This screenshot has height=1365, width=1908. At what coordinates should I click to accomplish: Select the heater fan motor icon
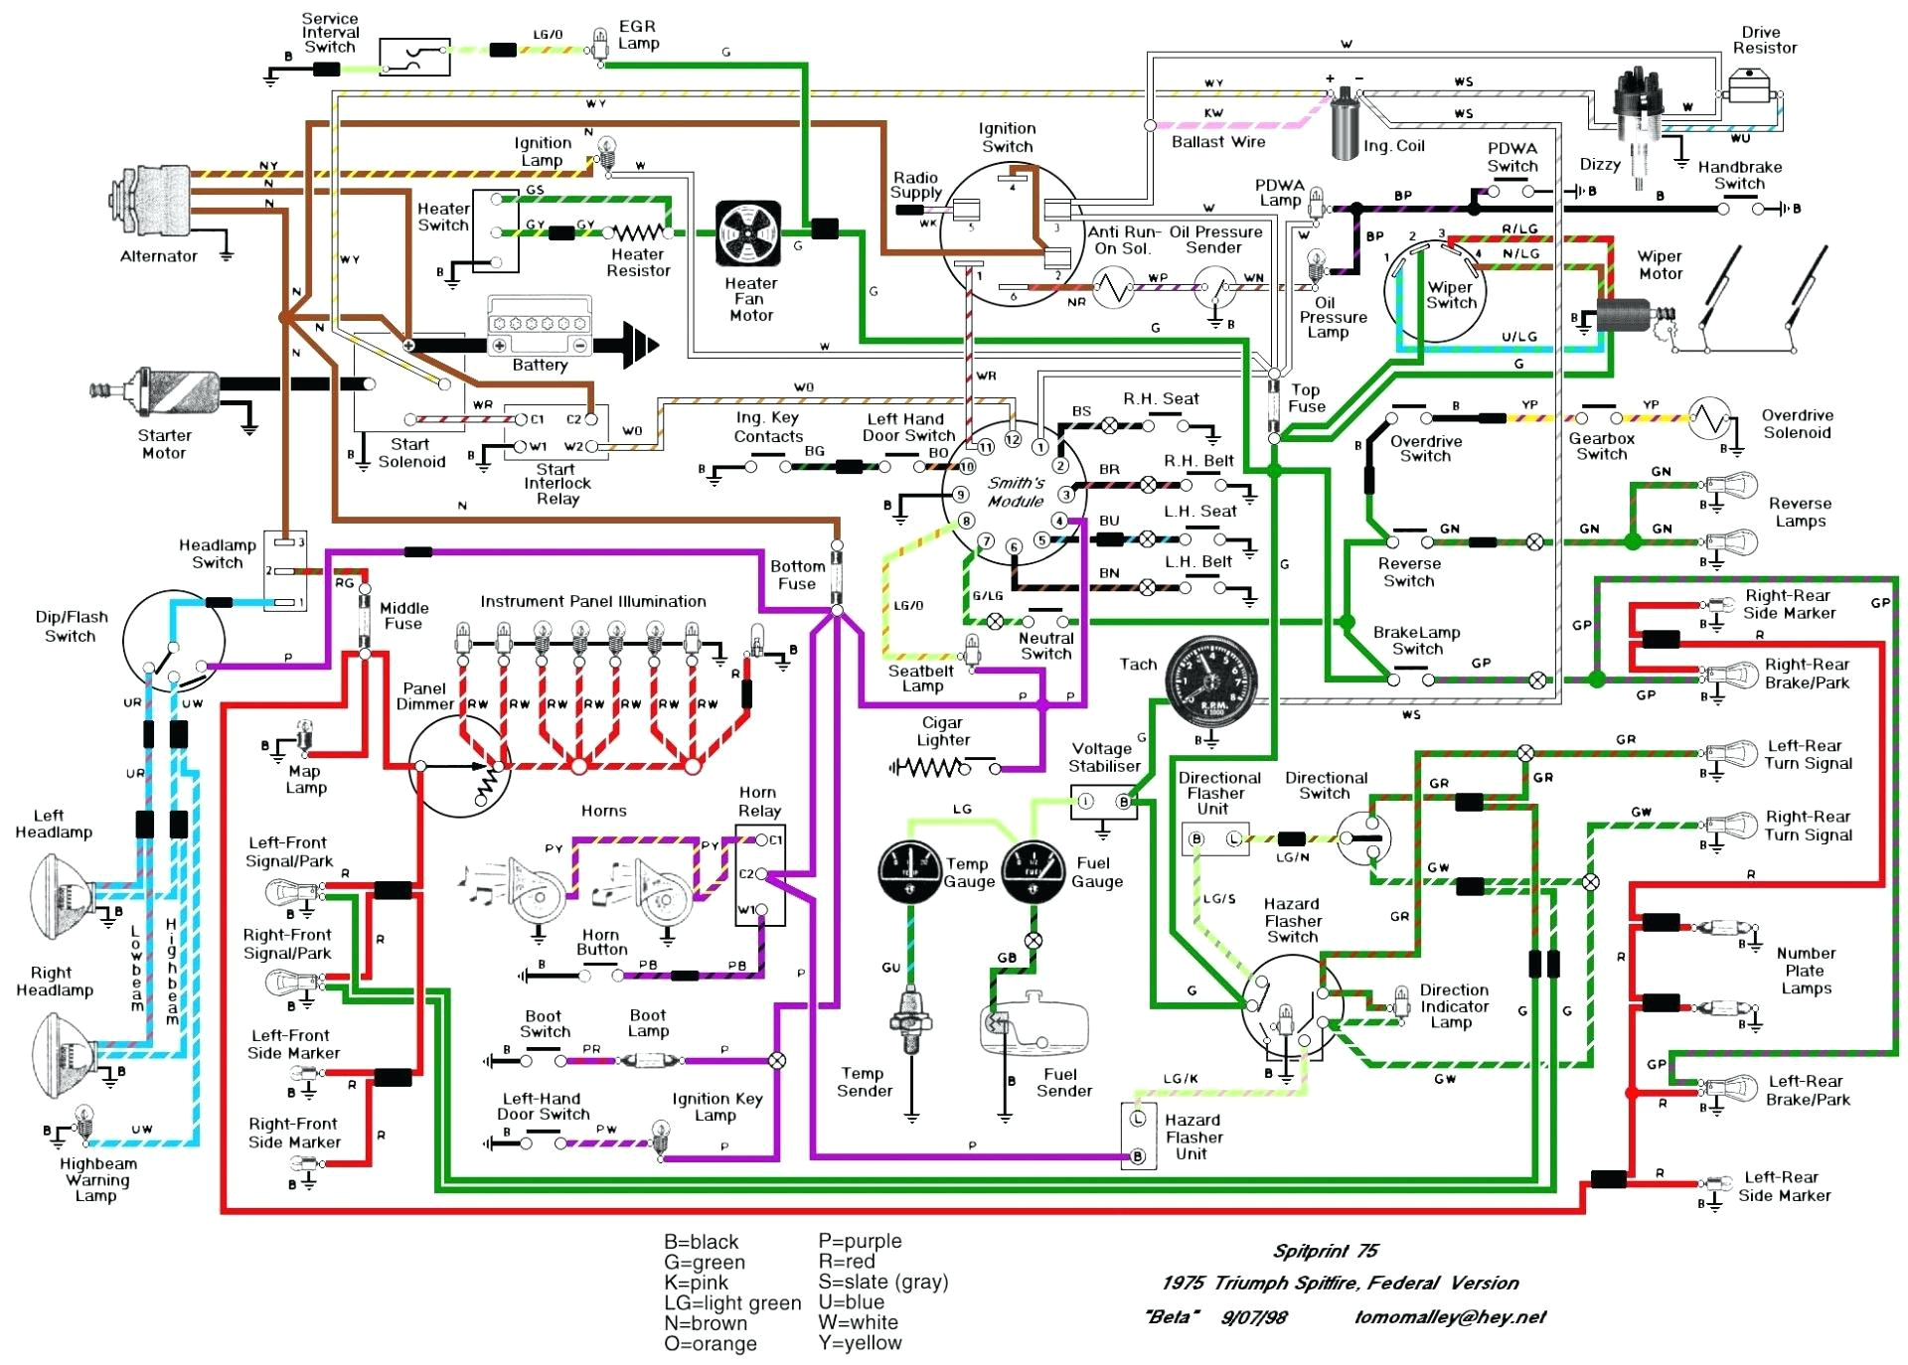point(749,233)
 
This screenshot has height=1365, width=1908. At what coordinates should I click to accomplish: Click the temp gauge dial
point(909,871)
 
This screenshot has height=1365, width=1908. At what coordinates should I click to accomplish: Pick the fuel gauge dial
point(1033,871)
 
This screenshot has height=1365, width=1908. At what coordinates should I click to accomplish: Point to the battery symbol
point(540,328)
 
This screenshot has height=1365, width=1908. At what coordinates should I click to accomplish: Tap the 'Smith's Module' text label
point(1016,492)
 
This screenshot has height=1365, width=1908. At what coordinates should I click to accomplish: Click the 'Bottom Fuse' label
point(797,574)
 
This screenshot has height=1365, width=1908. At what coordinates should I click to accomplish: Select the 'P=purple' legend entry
point(860,1241)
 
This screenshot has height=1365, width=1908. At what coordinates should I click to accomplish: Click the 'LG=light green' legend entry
point(732,1302)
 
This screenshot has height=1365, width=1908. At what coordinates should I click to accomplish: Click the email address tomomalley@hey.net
point(1450,1317)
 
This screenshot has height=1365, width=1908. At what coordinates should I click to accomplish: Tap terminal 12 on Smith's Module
point(1012,439)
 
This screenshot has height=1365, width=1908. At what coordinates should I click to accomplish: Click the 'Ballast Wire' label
point(1218,142)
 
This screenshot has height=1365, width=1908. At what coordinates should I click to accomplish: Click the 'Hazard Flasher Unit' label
point(1193,1137)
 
